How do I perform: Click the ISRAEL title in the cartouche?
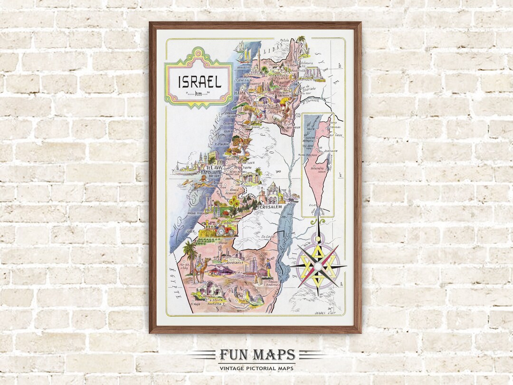point(199,82)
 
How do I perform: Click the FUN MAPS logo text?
point(257,355)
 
